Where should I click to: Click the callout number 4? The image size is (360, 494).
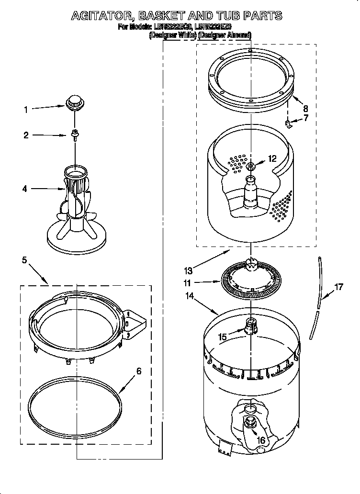[25, 189]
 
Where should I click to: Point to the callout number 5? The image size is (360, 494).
[24, 260]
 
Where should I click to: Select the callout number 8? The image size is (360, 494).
[306, 109]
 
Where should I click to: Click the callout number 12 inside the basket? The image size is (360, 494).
[271, 159]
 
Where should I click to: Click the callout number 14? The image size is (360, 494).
[190, 296]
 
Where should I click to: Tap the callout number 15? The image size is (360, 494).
[222, 337]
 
